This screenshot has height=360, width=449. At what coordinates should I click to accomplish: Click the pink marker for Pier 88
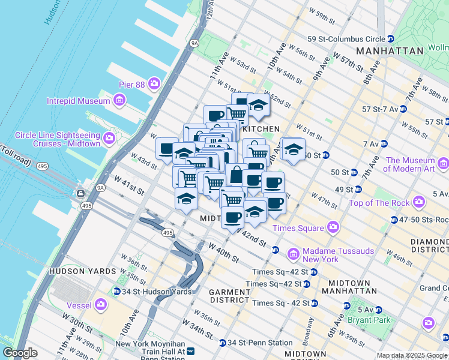pos(155,83)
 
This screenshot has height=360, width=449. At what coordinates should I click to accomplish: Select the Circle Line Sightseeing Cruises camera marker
pos(109,139)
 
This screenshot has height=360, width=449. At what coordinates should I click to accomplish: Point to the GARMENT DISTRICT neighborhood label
pos(229,296)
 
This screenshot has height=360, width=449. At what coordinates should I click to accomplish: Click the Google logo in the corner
pos(20,353)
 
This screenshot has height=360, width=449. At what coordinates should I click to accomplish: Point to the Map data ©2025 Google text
pos(411,355)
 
